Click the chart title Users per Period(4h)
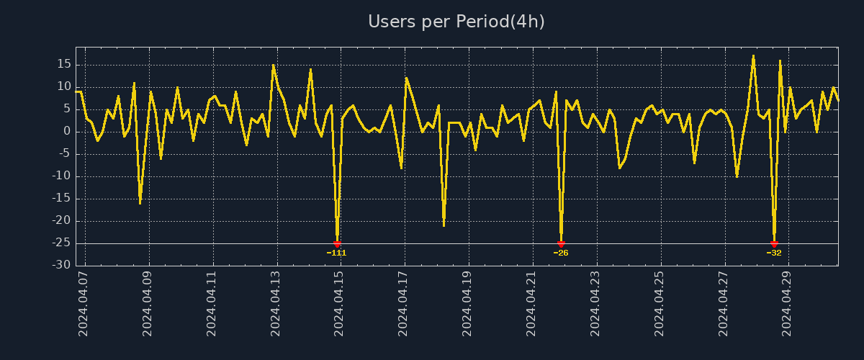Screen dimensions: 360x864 (x=456, y=22)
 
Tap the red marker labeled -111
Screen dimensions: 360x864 (x=337, y=244)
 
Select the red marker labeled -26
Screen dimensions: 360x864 (x=561, y=244)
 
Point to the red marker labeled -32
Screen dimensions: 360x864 (x=774, y=244)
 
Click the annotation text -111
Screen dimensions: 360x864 (x=336, y=253)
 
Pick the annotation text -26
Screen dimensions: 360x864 (x=561, y=253)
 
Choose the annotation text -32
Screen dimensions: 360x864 (x=774, y=253)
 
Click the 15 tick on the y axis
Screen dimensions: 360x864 (x=63, y=64)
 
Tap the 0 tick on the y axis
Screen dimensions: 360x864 (x=66, y=131)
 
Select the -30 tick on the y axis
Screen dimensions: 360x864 (x=61, y=266)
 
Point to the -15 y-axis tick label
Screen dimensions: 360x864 (x=61, y=199)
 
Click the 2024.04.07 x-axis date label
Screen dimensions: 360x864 (x=84, y=303)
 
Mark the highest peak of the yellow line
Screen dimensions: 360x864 (x=753, y=55)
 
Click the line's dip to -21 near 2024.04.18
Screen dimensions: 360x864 (x=444, y=225)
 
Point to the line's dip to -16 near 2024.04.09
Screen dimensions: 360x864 (x=140, y=203)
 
